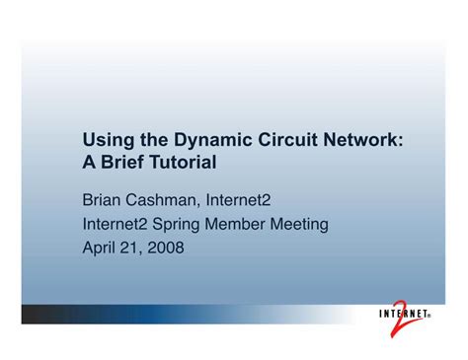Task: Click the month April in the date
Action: (100, 248)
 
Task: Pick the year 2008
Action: (169, 248)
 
